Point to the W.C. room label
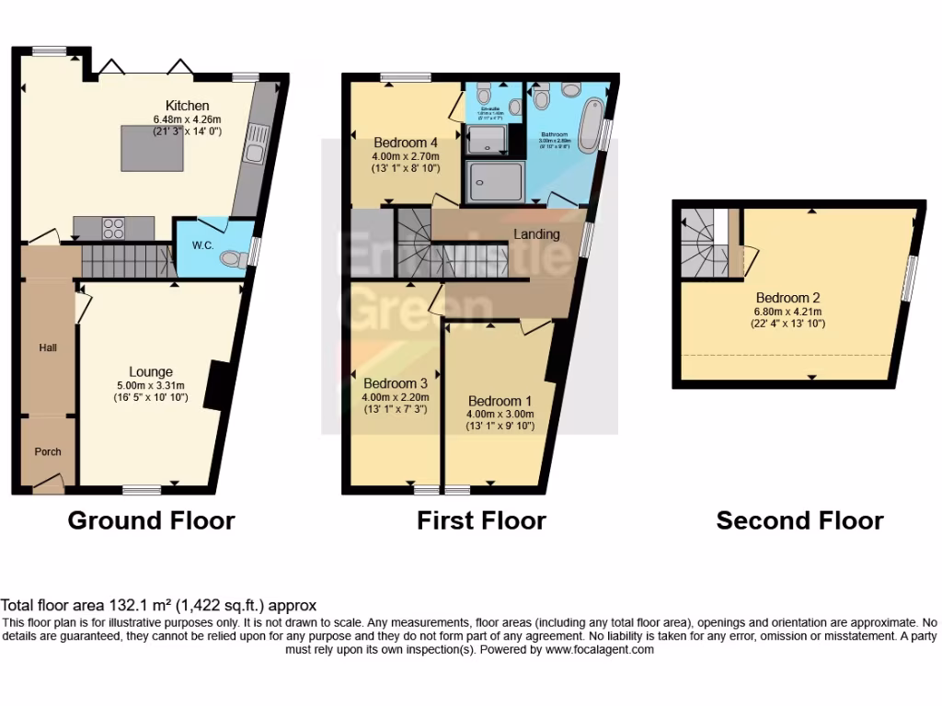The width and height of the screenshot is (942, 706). coord(202,245)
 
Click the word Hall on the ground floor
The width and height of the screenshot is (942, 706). coord(48,347)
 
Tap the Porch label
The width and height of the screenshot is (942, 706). coord(48,451)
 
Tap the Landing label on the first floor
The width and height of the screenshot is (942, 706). coord(536,234)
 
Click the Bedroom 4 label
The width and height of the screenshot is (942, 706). coord(406,142)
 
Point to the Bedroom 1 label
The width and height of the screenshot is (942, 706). coord(500,401)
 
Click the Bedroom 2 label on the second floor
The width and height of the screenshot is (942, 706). coord(787,298)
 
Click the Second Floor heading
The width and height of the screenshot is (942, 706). coord(799,521)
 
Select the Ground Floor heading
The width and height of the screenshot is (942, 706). coord(151,521)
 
